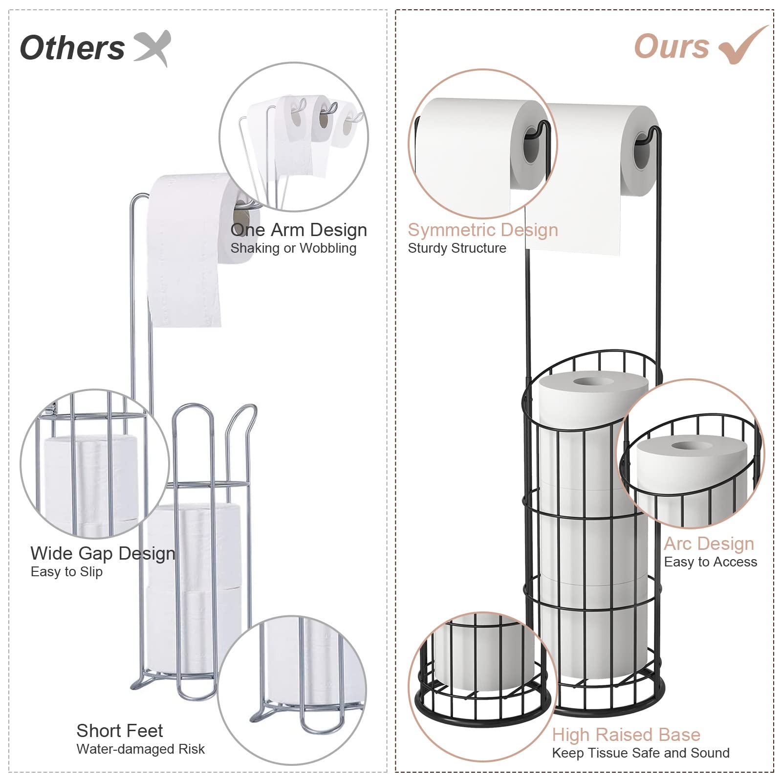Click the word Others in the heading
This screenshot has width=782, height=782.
tap(72, 48)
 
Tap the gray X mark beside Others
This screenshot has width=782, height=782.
tap(152, 47)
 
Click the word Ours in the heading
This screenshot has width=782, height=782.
tap(672, 47)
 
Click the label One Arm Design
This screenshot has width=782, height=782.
tap(299, 230)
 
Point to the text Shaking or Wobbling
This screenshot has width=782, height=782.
tap(293, 248)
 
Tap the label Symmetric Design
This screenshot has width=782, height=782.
tap(483, 230)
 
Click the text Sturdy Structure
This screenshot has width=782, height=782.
tap(457, 248)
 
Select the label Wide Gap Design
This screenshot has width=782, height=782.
tap(103, 553)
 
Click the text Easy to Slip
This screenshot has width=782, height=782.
tap(66, 572)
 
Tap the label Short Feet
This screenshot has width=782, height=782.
tap(120, 731)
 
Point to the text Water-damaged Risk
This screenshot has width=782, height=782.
tap(141, 749)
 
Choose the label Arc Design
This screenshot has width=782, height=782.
tap(709, 543)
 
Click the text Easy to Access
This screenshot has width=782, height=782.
tap(711, 562)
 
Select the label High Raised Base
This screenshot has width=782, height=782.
tap(626, 735)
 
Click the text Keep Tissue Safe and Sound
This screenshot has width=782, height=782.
tap(641, 753)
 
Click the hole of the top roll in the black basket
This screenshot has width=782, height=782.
tap(593, 381)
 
